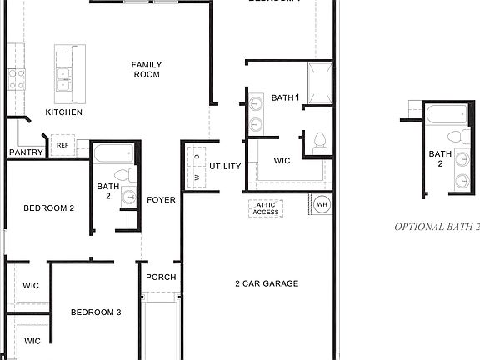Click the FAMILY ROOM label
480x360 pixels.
(x=146, y=70)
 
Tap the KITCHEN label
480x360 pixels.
(x=63, y=112)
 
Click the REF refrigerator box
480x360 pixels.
(x=62, y=146)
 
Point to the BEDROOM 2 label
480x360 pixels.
(x=49, y=208)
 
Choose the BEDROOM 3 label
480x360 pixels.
(x=96, y=312)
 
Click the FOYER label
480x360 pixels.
(x=162, y=200)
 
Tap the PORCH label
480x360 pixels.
(x=160, y=277)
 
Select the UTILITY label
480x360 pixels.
(x=225, y=167)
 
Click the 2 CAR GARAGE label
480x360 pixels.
(x=267, y=283)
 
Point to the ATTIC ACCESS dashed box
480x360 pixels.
(x=266, y=208)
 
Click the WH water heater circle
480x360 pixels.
(x=322, y=204)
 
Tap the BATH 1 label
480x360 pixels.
(x=284, y=98)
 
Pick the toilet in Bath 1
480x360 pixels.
(x=318, y=143)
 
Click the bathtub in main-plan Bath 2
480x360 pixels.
(x=112, y=154)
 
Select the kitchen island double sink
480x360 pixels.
(x=62, y=79)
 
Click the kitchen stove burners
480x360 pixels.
(x=16, y=79)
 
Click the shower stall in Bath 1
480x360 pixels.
(x=321, y=83)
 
